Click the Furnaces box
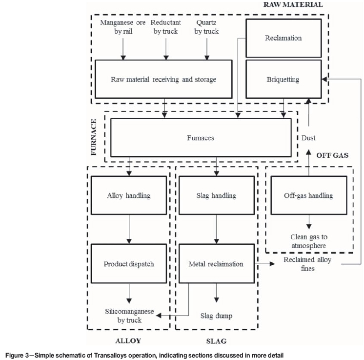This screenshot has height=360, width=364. (200, 138)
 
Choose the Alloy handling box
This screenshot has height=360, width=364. (128, 196)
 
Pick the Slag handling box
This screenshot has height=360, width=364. (215, 196)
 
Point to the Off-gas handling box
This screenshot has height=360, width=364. (308, 196)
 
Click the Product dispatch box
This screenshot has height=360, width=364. (128, 264)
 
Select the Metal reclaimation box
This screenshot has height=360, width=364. (215, 264)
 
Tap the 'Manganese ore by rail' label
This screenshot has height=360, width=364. (123, 28)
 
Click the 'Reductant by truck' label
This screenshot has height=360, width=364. (166, 28)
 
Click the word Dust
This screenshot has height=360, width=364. (308, 138)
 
